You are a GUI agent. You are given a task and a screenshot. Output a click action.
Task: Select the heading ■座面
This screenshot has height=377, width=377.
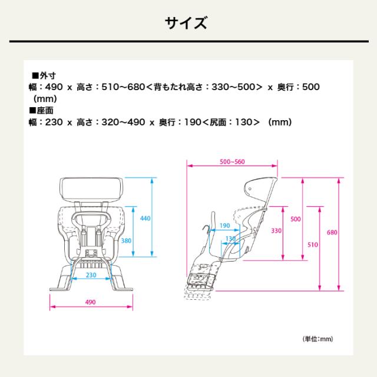(x=42, y=110)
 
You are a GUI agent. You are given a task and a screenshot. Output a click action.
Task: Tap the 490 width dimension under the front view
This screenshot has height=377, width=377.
(x=90, y=302)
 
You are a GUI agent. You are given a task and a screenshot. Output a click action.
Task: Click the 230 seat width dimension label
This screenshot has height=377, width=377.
(x=91, y=274)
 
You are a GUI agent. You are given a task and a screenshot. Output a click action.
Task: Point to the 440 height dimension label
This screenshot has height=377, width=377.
(x=145, y=219)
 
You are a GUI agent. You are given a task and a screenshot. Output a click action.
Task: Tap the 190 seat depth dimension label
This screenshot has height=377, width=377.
(x=224, y=226)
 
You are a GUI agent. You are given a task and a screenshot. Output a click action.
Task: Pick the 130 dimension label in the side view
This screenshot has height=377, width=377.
(x=231, y=239)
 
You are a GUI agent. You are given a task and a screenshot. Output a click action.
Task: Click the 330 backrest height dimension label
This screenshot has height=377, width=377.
(x=276, y=231)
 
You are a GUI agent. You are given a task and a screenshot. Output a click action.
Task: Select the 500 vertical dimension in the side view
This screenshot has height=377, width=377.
(x=296, y=219)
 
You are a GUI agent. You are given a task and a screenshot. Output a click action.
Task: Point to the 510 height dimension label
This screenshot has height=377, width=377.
(x=313, y=245)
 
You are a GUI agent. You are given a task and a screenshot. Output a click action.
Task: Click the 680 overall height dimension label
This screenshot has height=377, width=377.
(x=332, y=232)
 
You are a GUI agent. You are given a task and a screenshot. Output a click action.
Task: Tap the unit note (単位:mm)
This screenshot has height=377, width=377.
(x=319, y=339)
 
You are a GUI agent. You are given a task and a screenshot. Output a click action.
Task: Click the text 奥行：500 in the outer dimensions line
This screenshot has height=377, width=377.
(x=297, y=87)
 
